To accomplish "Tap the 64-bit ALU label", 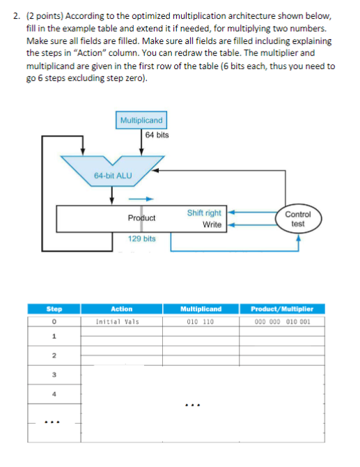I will (112, 175).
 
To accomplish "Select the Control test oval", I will (297, 219).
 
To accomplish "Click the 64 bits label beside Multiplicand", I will (157, 135).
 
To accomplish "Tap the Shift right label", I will (204, 213).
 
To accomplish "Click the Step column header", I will (54, 309).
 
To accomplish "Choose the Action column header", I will (122, 309).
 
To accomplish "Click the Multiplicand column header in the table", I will (201, 309).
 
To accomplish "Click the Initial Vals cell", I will (116, 322).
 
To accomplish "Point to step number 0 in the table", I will (54, 322).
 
